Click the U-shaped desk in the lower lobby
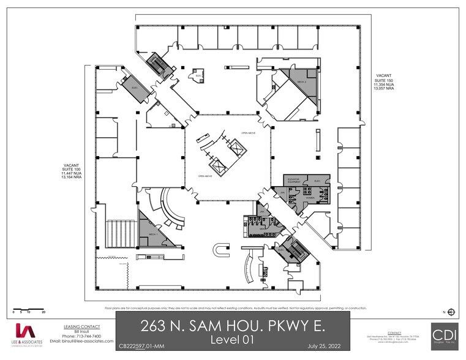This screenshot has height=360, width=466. click(x=221, y=249)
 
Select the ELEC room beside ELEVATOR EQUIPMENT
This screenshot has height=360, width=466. click(x=317, y=181)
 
